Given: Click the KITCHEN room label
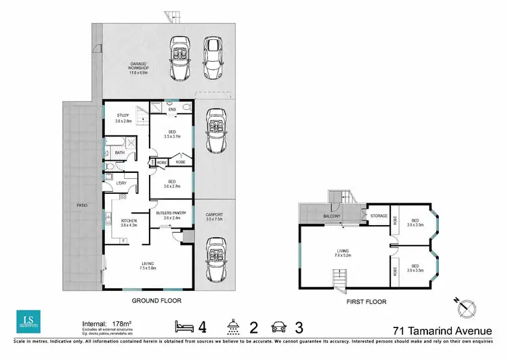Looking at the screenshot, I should coord(129,222).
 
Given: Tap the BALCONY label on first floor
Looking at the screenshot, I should coord(331,216).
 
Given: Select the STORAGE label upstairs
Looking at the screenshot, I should coord(379,216).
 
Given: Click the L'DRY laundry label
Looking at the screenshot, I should coord(122,183).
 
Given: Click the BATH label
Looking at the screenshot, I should coord(120,153).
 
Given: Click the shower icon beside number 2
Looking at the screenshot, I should coord(232,327).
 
